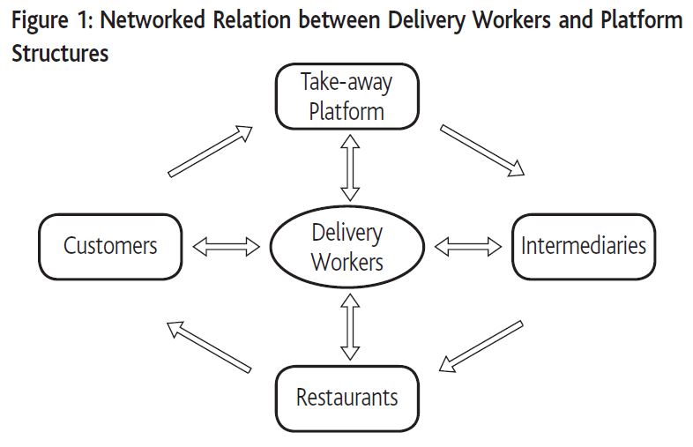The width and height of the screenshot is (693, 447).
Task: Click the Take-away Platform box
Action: click(x=346, y=97)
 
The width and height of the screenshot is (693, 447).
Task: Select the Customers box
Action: click(x=110, y=245)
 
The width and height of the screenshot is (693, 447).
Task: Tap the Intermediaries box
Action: click(x=583, y=245)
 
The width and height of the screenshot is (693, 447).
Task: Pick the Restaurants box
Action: click(x=346, y=397)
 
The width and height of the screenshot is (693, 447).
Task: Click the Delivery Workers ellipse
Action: click(x=347, y=247)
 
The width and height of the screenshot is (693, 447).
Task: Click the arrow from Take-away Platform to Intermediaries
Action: click(x=482, y=150)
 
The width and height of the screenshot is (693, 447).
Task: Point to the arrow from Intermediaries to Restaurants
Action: click(x=481, y=345)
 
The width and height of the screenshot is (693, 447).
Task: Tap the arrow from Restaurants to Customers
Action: click(x=209, y=345)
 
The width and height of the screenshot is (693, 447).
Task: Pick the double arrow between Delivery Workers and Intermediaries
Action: click(x=468, y=247)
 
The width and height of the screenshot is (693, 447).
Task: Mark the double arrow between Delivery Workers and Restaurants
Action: click(x=350, y=325)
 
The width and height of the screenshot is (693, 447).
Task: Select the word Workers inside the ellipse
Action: click(x=347, y=262)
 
